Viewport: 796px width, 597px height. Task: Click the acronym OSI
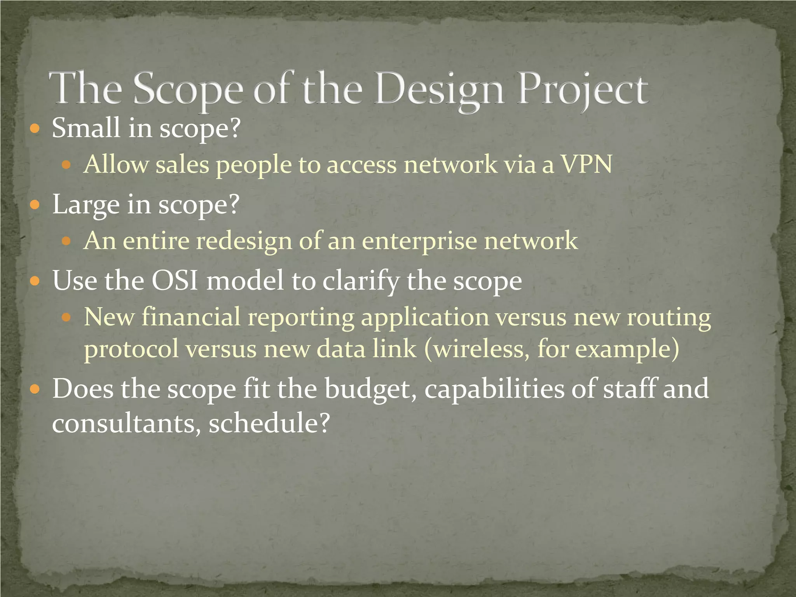coord(175,281)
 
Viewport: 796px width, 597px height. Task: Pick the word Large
coord(86,205)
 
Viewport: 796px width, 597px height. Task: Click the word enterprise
coord(419,241)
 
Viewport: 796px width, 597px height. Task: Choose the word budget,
coord(371,389)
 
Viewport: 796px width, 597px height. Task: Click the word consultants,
coord(126,423)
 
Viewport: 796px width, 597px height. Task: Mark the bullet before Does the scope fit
coord(35,389)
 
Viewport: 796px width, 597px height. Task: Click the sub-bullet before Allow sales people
coord(67,165)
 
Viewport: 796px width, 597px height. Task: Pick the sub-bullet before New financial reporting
coord(67,318)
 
